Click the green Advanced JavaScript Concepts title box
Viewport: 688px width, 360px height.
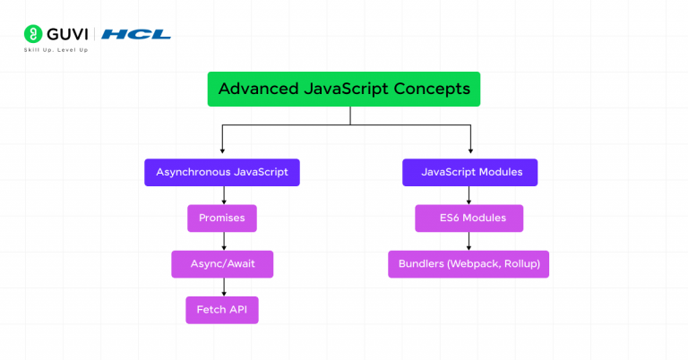[344, 90]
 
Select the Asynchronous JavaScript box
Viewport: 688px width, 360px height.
[222, 172]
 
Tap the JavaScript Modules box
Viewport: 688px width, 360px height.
[470, 172]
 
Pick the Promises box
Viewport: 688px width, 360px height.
[222, 219]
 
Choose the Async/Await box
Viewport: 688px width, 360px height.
[222, 264]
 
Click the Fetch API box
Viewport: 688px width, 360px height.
[222, 310]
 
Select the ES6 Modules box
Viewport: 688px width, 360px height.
[469, 219]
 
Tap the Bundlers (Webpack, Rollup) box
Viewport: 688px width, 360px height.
[469, 264]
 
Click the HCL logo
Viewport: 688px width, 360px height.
[136, 35]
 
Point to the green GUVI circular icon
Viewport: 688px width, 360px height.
[33, 34]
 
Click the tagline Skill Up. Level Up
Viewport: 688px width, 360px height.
[56, 50]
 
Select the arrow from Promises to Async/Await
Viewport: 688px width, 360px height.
[222, 241]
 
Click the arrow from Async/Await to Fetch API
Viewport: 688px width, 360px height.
[222, 287]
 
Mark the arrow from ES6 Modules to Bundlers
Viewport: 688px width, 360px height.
[469, 241]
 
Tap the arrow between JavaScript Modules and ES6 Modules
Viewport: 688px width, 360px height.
[469, 195]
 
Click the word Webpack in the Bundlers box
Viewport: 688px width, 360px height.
[483, 264]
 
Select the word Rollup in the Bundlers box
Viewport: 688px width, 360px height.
[526, 264]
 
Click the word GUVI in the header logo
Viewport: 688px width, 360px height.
[67, 34]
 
